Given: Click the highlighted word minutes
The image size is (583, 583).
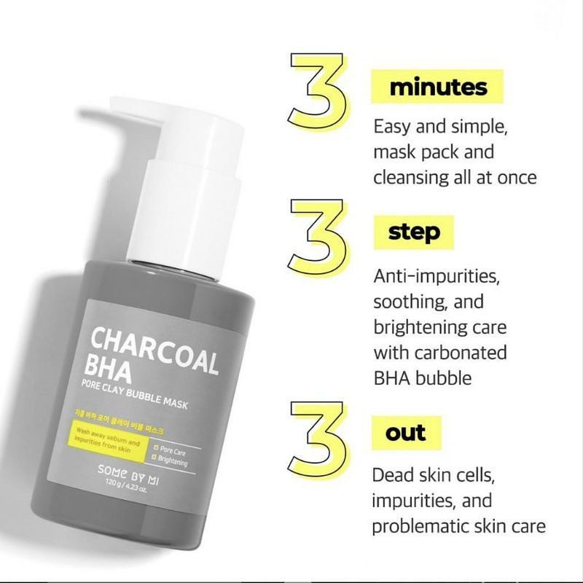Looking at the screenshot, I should click(438, 88).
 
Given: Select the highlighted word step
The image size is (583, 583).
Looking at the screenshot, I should click(414, 232).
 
